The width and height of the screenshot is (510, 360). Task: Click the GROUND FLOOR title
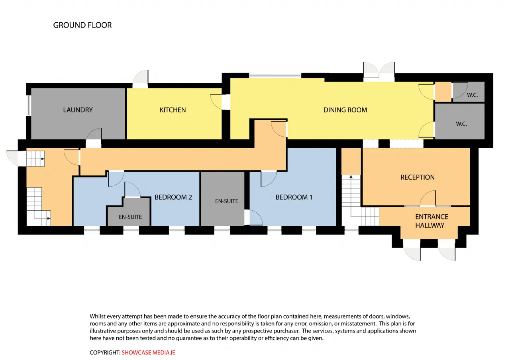(82, 25)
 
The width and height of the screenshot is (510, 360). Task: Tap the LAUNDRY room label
(78, 110)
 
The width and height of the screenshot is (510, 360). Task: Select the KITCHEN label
(173, 110)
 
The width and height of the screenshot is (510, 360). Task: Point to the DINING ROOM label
(345, 110)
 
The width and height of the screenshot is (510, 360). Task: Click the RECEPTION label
(417, 177)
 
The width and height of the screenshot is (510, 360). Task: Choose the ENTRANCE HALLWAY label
(432, 221)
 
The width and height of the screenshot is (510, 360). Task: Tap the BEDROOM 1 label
(294, 197)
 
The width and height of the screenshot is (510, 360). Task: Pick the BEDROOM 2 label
(173, 197)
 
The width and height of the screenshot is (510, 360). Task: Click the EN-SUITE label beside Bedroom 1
(227, 201)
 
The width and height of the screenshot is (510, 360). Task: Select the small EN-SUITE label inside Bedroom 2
(130, 217)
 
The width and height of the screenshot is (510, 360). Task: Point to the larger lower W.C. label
(461, 124)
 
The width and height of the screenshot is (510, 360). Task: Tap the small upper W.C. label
(472, 95)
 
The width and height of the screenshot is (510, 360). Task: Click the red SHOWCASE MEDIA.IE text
(148, 352)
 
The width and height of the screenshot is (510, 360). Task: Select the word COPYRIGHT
(104, 352)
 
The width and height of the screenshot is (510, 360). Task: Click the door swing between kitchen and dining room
(216, 102)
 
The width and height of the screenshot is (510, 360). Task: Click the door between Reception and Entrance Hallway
(428, 198)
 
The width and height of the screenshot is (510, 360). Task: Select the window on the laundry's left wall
(29, 106)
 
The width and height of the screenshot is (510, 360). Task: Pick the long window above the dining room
(275, 76)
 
